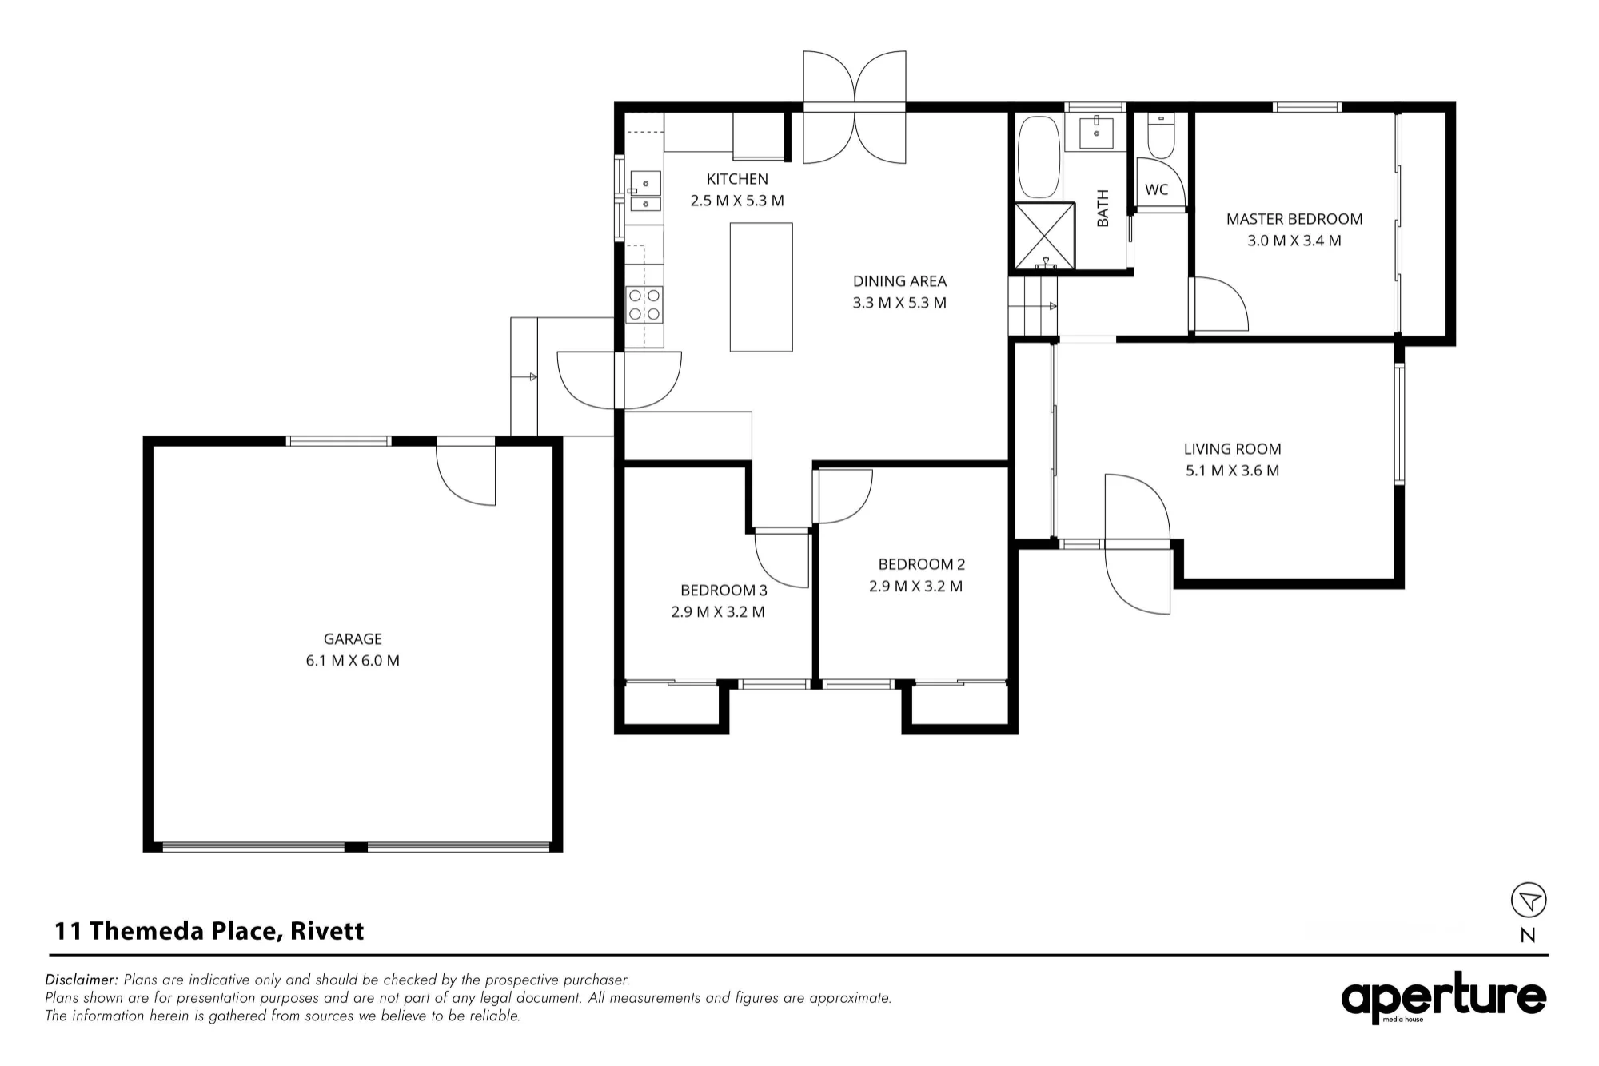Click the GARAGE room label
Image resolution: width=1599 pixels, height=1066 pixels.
(353, 638)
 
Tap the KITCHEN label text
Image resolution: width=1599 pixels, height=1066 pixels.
(737, 179)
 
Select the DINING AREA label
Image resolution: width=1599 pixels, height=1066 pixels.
(899, 281)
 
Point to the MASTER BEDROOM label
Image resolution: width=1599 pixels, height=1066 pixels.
(1294, 219)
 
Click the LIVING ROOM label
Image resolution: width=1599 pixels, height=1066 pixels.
(1232, 449)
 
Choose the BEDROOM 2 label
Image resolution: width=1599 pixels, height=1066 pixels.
(921, 564)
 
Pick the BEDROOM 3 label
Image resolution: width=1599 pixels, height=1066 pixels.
(724, 591)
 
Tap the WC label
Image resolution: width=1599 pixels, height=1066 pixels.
(1156, 189)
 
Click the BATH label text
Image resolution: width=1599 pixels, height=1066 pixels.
(1103, 208)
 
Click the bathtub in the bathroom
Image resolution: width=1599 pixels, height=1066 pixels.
(1039, 157)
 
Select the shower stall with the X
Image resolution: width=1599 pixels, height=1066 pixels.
(1045, 236)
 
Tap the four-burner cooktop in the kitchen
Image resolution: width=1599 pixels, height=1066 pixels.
(644, 304)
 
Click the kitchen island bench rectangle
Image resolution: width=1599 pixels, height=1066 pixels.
(761, 287)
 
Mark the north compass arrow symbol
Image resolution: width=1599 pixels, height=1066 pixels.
(1529, 900)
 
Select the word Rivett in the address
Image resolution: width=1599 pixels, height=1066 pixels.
(327, 931)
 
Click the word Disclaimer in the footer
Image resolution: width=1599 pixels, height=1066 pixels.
(82, 980)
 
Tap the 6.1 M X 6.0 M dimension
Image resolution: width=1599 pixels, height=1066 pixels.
(353, 661)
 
